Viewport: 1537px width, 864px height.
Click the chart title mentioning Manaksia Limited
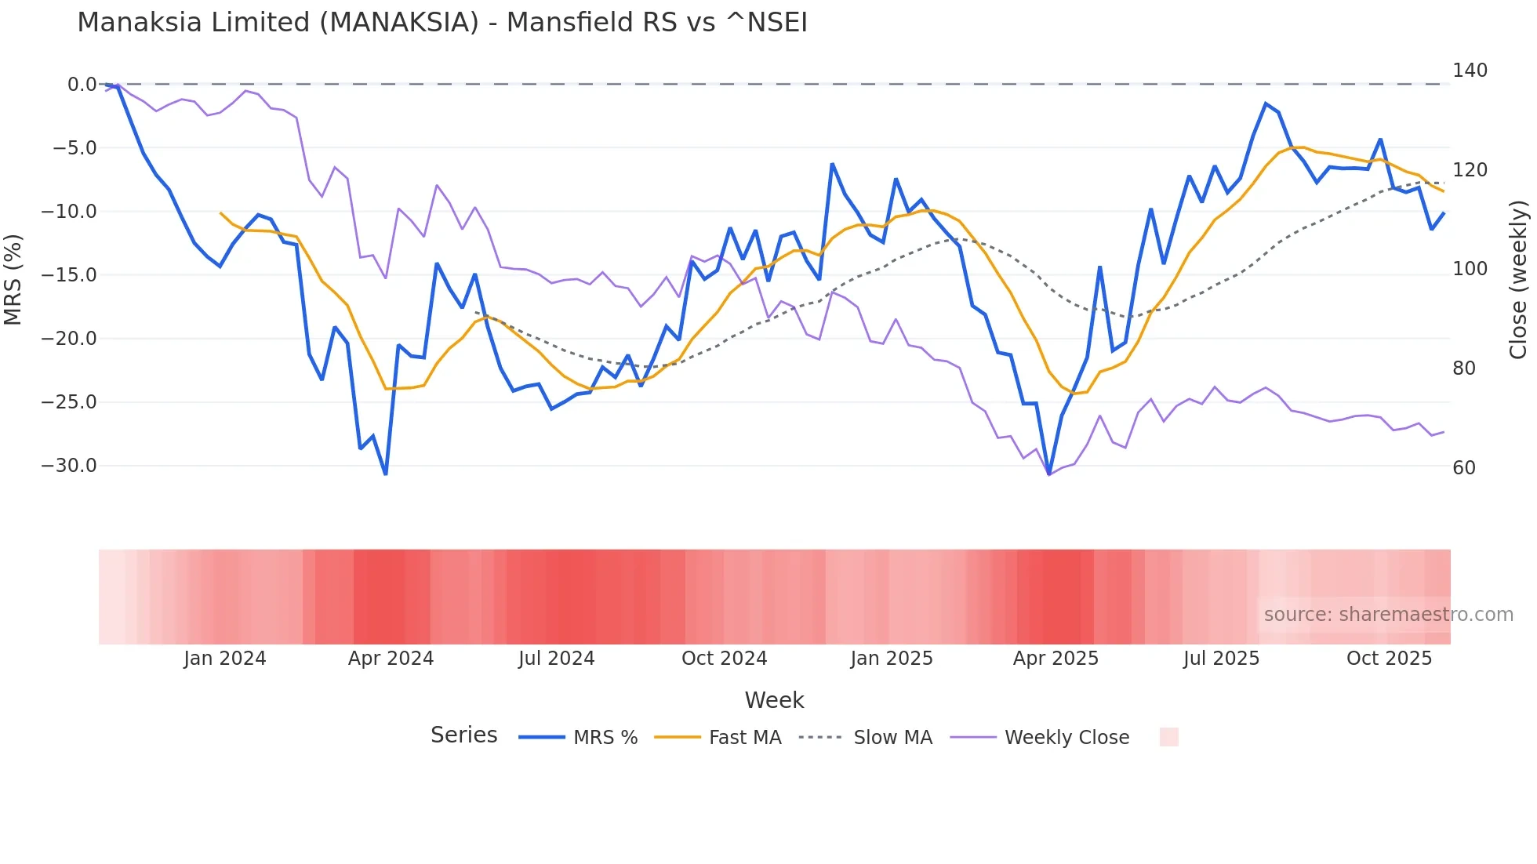point(441,22)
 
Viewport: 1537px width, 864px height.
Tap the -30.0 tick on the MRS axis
point(69,465)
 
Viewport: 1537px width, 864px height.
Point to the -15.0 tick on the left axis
point(69,274)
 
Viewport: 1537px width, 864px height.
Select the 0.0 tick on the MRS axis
point(82,84)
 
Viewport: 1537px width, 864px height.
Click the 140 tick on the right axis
point(1470,71)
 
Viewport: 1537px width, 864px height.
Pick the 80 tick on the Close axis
point(1463,368)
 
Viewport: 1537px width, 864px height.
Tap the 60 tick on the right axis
point(1463,467)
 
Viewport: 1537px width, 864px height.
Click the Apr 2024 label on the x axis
point(391,658)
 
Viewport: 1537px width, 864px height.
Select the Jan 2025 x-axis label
point(892,658)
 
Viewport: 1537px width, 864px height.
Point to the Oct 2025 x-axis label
point(1389,658)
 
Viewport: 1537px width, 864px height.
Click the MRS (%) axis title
point(13,279)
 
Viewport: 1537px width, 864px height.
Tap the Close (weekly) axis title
point(1518,279)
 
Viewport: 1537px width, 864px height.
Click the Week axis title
point(774,699)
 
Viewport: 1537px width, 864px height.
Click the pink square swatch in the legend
point(1168,737)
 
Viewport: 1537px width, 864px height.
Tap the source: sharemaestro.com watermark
point(1388,614)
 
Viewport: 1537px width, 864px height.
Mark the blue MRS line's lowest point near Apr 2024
point(386,474)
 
